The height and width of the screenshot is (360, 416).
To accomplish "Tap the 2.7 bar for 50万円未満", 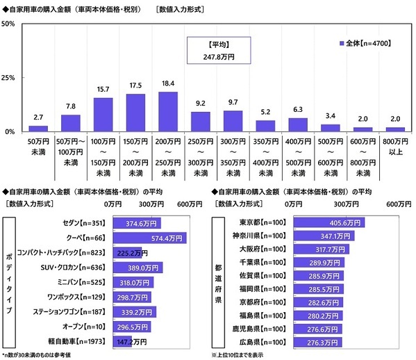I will click(38, 129).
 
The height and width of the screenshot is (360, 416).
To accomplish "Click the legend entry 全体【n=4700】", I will click(368, 43).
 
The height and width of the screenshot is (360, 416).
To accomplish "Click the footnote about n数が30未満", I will click(42, 354).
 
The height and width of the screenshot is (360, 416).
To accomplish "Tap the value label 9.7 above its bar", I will click(233, 102).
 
